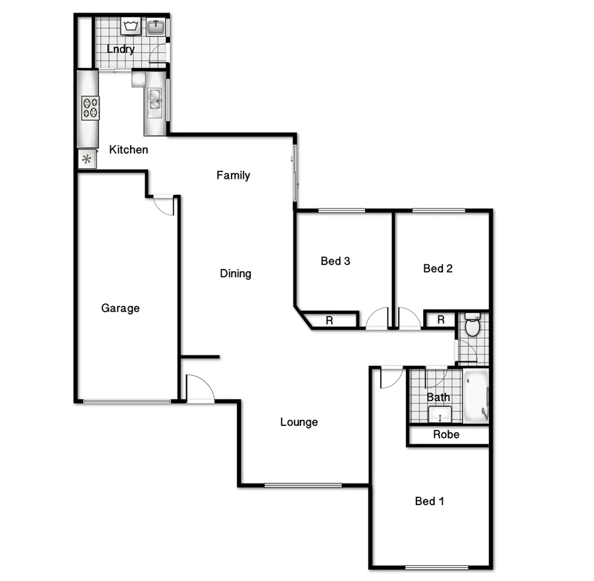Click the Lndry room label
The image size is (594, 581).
pyautogui.click(x=121, y=49)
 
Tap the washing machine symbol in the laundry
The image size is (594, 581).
pyautogui.click(x=129, y=26)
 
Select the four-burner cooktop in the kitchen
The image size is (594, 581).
pyautogui.click(x=90, y=108)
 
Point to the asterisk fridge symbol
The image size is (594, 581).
pyautogui.click(x=86, y=158)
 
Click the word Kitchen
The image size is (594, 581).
pyautogui.click(x=128, y=150)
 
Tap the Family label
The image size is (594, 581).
pyautogui.click(x=234, y=175)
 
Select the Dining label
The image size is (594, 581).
pyautogui.click(x=236, y=274)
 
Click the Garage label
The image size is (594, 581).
pyautogui.click(x=120, y=308)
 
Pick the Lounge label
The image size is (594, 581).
pyautogui.click(x=299, y=422)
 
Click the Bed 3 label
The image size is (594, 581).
pyautogui.click(x=335, y=261)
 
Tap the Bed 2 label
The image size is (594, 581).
pyautogui.click(x=438, y=268)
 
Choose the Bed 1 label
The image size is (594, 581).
pyautogui.click(x=430, y=501)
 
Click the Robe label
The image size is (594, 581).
pyautogui.click(x=446, y=435)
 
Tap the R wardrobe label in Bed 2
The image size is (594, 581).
pyautogui.click(x=441, y=321)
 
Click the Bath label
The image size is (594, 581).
pyautogui.click(x=438, y=397)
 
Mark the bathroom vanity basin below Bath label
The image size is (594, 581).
pyautogui.click(x=439, y=415)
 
